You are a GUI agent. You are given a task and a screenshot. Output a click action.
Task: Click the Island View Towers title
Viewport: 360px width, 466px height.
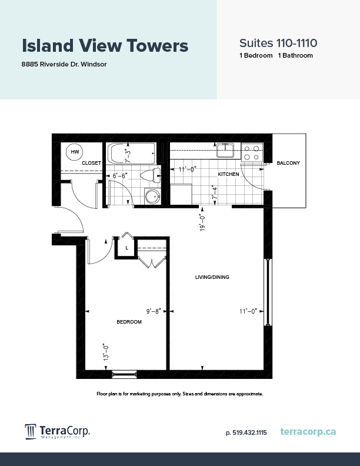click(x=105, y=45)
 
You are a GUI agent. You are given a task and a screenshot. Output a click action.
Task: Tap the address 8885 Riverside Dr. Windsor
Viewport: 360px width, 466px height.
click(x=64, y=64)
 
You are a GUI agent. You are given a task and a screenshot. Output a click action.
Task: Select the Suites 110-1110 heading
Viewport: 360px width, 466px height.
click(x=278, y=43)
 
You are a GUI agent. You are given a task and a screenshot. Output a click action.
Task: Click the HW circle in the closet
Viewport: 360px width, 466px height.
click(x=75, y=152)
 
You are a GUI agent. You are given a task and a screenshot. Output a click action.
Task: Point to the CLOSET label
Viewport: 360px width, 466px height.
click(x=92, y=163)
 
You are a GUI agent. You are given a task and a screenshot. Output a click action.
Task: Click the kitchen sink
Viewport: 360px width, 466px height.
click(x=226, y=152)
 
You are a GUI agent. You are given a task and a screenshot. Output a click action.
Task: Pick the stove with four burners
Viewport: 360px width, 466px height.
click(x=252, y=153)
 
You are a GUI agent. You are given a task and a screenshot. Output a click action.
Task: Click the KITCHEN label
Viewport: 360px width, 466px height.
click(x=228, y=175)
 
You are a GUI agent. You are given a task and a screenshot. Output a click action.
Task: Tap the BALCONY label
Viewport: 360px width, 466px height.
click(x=288, y=163)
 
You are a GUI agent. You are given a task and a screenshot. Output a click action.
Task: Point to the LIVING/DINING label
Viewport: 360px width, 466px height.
click(x=212, y=277)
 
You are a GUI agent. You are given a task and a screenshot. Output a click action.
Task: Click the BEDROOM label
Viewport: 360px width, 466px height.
click(x=129, y=321)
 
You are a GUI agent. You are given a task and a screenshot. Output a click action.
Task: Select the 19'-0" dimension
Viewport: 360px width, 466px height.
click(x=202, y=221)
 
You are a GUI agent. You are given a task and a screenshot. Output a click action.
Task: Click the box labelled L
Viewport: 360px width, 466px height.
click(x=126, y=248)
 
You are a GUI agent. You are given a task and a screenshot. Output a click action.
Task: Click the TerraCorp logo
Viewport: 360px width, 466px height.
click(x=56, y=431)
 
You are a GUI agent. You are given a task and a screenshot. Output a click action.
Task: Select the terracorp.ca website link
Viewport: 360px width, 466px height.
click(x=308, y=432)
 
